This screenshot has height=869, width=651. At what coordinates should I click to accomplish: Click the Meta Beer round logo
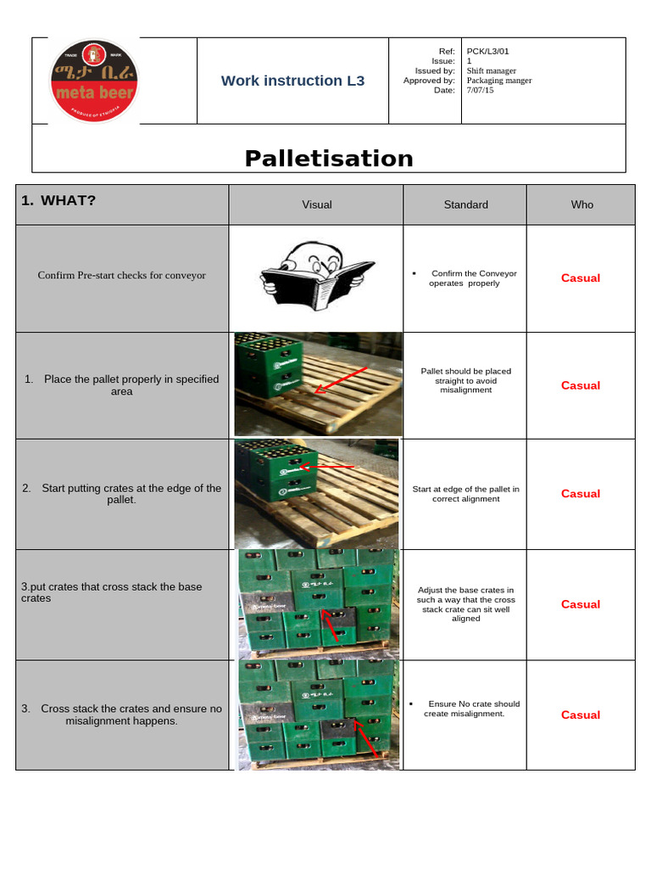(x=94, y=81)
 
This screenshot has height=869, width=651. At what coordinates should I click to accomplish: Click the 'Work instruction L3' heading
(x=292, y=81)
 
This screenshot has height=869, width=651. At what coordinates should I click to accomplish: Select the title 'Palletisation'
(x=329, y=158)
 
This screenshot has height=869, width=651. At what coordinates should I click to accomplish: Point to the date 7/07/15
(x=480, y=90)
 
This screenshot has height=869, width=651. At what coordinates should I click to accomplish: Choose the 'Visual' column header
(x=317, y=205)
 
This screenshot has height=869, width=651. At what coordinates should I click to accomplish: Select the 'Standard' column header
(x=465, y=205)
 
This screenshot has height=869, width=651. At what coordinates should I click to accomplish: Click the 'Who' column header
(x=582, y=205)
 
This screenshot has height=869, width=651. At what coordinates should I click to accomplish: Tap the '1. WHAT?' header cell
(x=59, y=200)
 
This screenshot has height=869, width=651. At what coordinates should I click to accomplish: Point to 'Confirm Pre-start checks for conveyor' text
(x=122, y=275)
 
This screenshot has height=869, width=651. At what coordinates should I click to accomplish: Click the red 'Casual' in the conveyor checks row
(x=581, y=278)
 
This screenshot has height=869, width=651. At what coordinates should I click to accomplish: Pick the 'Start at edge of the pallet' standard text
(x=465, y=494)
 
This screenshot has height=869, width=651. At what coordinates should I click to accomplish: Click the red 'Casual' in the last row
(x=581, y=715)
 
